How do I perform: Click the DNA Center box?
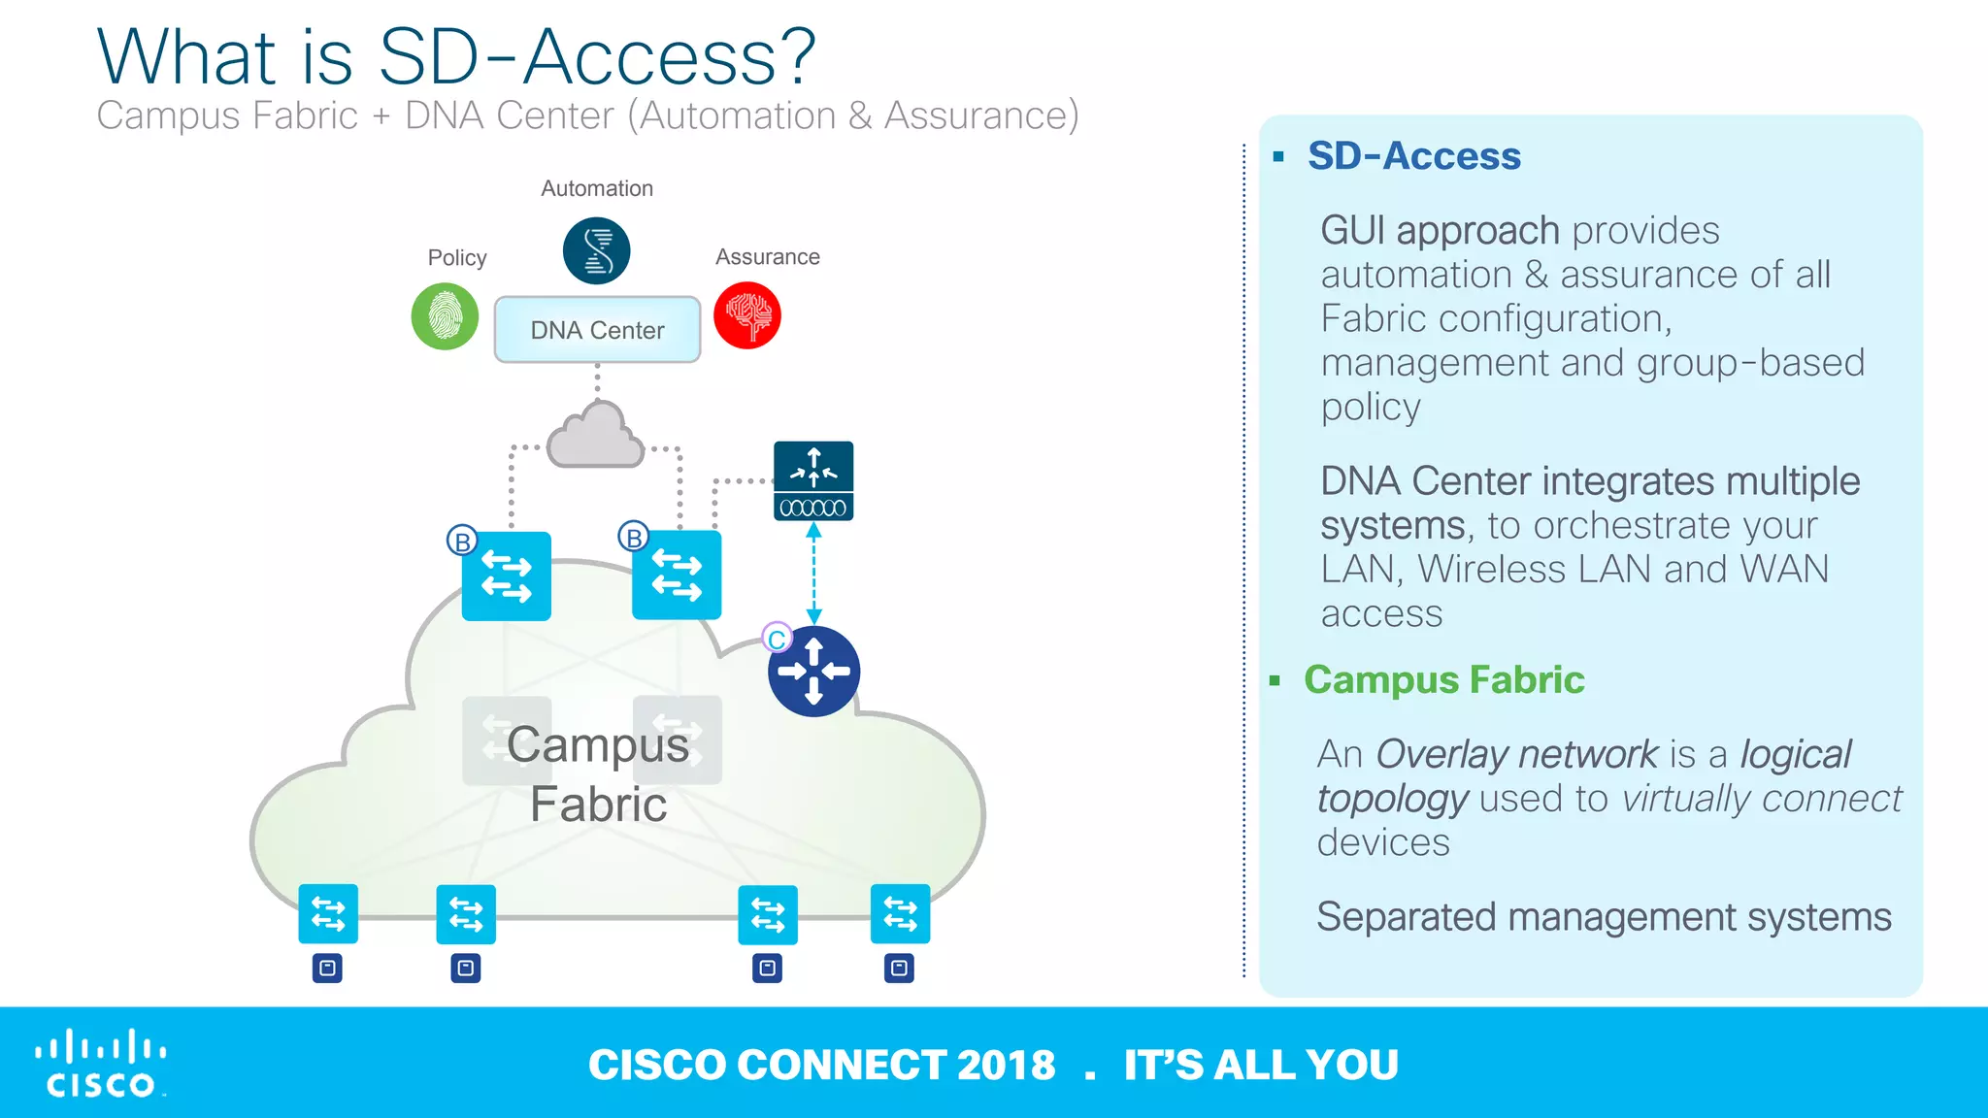click(x=597, y=330)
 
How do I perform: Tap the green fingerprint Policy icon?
click(x=445, y=316)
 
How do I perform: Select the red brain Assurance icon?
click(x=747, y=315)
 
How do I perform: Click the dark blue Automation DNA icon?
click(x=596, y=250)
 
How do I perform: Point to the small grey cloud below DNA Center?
click(x=595, y=437)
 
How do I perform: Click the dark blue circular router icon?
click(x=813, y=672)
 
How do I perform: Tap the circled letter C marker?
click(x=777, y=640)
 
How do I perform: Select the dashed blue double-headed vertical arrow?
click(x=813, y=573)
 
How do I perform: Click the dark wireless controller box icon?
click(x=813, y=481)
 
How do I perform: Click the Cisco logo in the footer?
click(x=100, y=1064)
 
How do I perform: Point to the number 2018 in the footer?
click(x=1006, y=1065)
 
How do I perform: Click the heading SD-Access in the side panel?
click(x=1413, y=156)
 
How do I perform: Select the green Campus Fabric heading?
click(x=1443, y=679)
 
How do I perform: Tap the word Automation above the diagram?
click(x=596, y=188)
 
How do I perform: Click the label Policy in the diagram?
click(x=457, y=257)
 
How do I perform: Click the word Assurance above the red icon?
click(x=767, y=257)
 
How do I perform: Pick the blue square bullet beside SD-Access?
click(x=1278, y=157)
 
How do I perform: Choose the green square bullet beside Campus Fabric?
click(x=1275, y=681)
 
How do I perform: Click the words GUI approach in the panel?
click(x=1439, y=231)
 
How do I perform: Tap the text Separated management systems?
click(x=1603, y=917)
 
